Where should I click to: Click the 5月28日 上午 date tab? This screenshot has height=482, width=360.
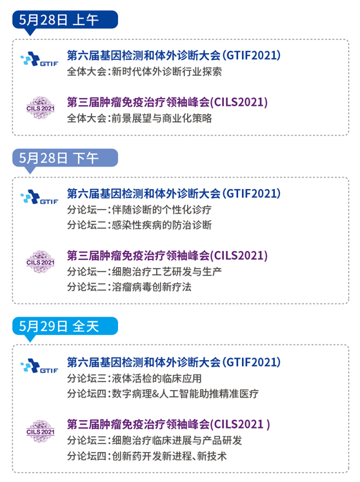(65, 20)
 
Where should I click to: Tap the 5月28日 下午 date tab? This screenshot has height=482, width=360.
(65, 158)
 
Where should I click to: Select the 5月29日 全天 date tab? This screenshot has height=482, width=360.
(65, 326)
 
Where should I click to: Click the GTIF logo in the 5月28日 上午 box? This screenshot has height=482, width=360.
(39, 59)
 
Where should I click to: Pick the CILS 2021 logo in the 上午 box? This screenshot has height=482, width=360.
(40, 108)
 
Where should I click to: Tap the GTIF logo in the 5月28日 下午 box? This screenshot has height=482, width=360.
(39, 197)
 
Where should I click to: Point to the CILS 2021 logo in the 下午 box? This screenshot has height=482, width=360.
(40, 262)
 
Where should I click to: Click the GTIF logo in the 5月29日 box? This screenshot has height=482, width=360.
(39, 366)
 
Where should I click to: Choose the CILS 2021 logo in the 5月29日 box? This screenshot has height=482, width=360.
(40, 431)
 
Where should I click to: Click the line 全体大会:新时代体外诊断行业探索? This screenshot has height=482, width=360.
(145, 72)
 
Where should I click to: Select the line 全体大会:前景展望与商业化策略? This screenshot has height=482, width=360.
(139, 118)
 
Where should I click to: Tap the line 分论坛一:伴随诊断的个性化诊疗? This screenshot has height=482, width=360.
(139, 210)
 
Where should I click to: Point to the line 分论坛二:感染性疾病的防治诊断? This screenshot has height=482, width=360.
(139, 225)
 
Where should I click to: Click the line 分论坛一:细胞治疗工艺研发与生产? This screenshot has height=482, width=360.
(145, 272)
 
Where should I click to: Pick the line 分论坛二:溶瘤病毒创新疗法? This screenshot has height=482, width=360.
(130, 286)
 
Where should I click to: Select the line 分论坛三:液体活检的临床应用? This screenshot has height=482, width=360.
(134, 378)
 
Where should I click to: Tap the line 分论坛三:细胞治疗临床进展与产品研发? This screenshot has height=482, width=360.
(154, 440)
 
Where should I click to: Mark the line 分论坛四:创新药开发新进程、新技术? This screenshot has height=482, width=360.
(147, 456)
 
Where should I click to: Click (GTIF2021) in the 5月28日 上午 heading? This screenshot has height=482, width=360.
(251, 55)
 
